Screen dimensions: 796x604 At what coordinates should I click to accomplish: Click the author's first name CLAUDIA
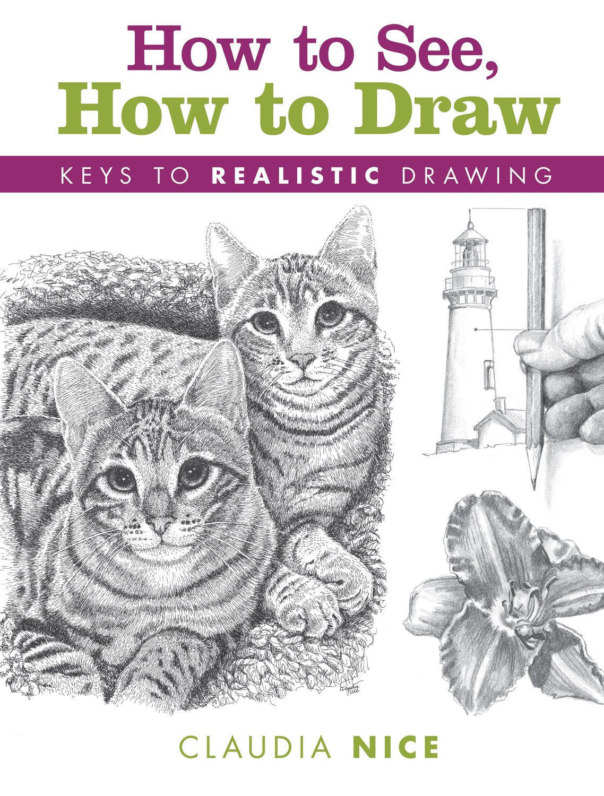pyautogui.click(x=255, y=748)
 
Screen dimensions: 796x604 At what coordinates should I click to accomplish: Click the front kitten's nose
pyautogui.click(x=161, y=525)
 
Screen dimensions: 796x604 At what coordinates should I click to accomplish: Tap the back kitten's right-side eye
pyautogui.click(x=331, y=313)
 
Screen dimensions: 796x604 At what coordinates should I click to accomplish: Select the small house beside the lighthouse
pyautogui.click(x=499, y=432)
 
